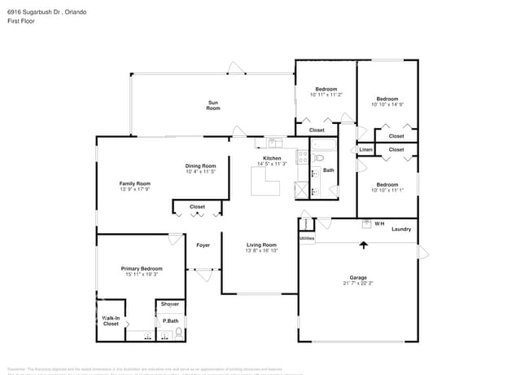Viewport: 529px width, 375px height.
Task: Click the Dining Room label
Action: [x=200, y=165]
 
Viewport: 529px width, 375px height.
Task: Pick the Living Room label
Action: [x=262, y=245]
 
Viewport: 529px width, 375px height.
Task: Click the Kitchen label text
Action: [x=272, y=158]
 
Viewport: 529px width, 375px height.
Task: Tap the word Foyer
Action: [x=203, y=245]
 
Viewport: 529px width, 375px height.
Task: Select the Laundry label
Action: [x=401, y=229]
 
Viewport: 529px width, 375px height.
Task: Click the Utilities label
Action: [x=307, y=238]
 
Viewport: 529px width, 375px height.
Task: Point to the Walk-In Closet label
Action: [x=111, y=321]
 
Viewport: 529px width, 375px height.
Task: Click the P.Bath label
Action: [x=170, y=321]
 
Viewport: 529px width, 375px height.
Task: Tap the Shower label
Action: [x=170, y=304]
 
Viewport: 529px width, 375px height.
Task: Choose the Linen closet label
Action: [x=366, y=150]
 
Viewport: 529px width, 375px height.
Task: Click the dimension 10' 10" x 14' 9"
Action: [x=387, y=104]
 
